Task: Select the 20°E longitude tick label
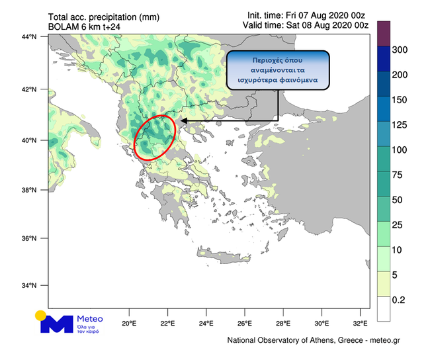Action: [129, 324]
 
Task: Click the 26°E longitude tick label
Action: [245, 324]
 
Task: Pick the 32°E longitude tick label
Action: [360, 324]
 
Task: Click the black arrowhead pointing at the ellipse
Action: [183, 121]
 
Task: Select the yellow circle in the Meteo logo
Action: [41, 315]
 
